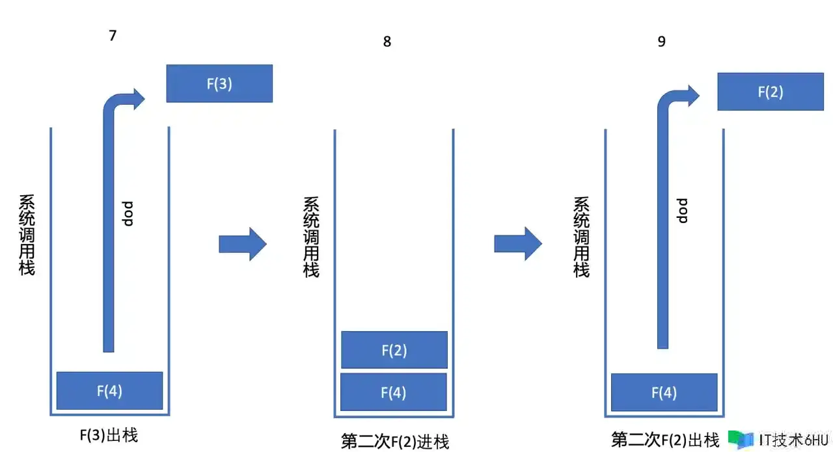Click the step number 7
click(113, 36)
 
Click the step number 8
click(387, 41)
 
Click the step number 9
click(661, 41)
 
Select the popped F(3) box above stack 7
click(219, 83)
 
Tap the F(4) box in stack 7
click(110, 391)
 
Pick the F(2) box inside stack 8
click(394, 350)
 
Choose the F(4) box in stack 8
click(394, 392)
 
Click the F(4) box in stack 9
click(664, 392)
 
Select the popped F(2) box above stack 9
click(771, 92)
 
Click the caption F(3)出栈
click(109, 435)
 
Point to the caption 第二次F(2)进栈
click(395, 441)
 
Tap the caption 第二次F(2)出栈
click(665, 440)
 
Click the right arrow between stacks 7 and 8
click(243, 245)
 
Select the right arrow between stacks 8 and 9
click(518, 244)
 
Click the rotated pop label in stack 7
click(127, 214)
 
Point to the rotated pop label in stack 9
click(682, 211)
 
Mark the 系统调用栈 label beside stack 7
click(27, 235)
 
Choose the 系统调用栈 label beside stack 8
click(311, 237)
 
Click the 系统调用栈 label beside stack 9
click(581, 237)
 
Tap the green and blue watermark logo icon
click(741, 440)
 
